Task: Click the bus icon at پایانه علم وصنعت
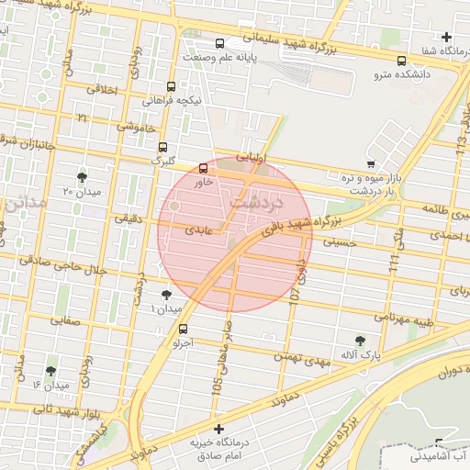click(x=219, y=43)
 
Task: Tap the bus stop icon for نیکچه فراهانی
click(x=171, y=85)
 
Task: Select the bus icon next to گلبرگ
click(x=163, y=146)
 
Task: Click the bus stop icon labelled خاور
click(x=203, y=168)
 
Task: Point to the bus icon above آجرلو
click(x=183, y=329)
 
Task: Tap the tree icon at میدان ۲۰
click(x=83, y=175)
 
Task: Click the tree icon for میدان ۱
click(x=165, y=294)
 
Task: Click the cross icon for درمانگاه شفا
click(x=446, y=38)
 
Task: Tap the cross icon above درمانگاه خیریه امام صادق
click(x=218, y=429)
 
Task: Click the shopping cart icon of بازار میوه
click(x=370, y=162)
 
